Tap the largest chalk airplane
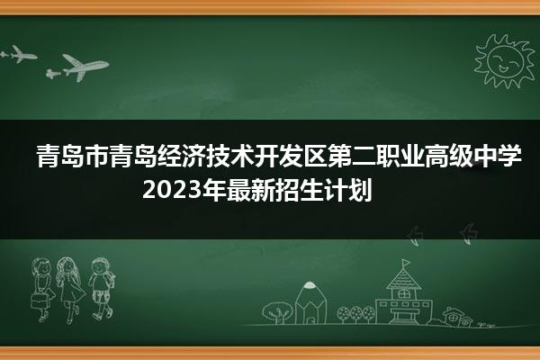[85, 67]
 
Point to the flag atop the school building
[406, 263]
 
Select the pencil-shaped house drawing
[310, 303]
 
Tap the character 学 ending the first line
[510, 157]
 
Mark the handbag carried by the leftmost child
[38, 301]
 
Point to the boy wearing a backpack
[102, 289]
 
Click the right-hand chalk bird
[469, 233]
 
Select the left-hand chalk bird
[416, 236]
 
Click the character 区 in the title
[314, 157]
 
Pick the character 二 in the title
[363, 157]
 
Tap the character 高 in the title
[436, 157]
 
